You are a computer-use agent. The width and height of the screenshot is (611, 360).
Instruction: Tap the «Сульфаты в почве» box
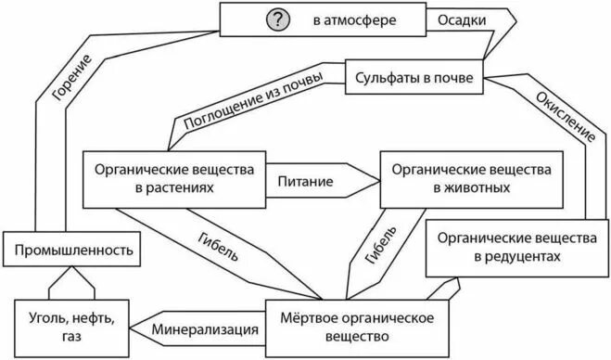414,79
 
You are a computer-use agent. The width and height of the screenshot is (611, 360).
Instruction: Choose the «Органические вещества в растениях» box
175,178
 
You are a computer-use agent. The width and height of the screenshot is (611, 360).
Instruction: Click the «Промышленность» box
74,250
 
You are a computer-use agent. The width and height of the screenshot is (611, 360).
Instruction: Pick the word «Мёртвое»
305,318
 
